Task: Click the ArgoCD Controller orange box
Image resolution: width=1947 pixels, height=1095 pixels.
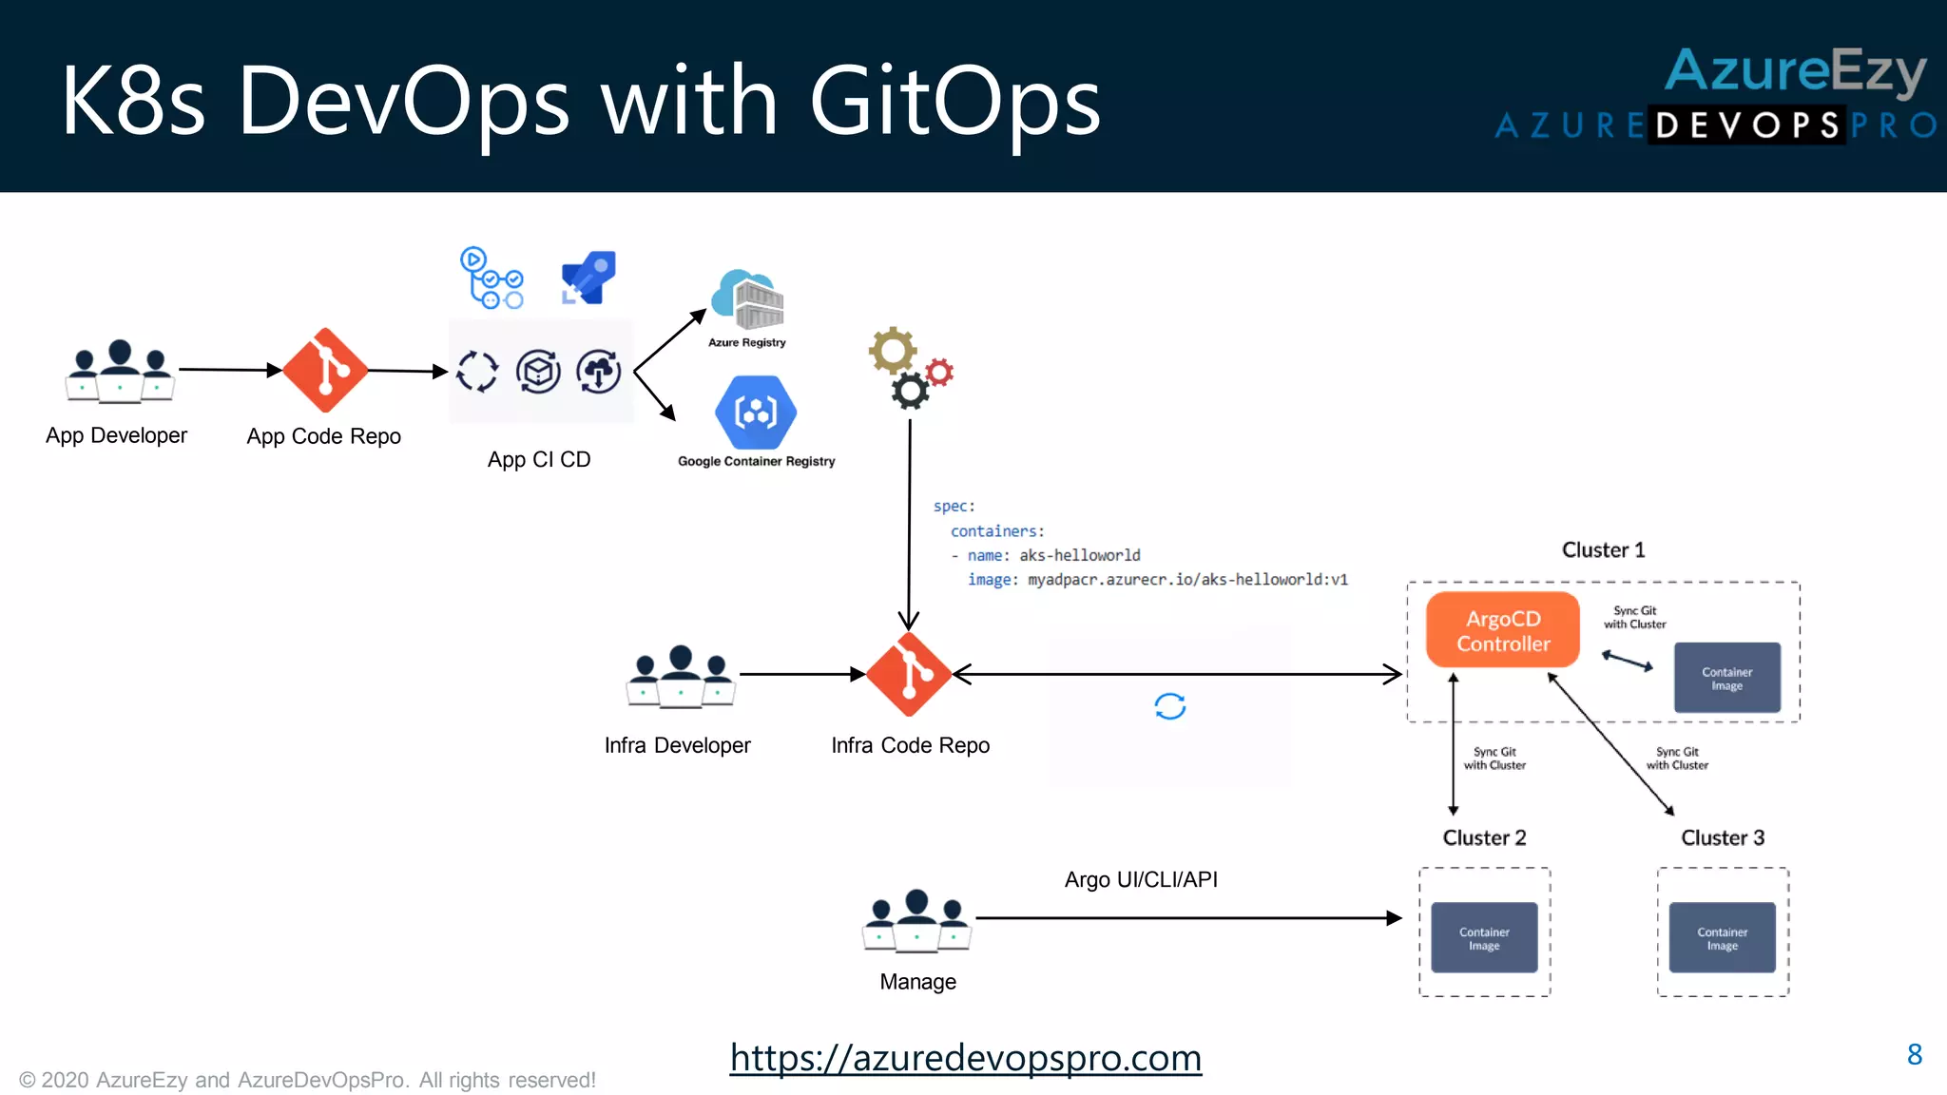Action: tap(1502, 630)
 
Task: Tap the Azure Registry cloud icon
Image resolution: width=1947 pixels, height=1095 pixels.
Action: tap(748, 300)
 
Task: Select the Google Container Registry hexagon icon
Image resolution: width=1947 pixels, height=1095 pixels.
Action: tap(756, 412)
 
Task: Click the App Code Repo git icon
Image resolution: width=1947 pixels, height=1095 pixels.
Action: tap(325, 371)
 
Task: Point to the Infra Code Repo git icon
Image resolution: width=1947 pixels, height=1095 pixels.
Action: tap(909, 674)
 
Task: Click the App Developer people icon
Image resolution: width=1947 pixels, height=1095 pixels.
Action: tap(120, 371)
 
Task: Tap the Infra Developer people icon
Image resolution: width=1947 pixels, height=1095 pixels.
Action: tap(681, 676)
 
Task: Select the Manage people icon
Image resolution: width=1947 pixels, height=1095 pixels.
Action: tap(916, 919)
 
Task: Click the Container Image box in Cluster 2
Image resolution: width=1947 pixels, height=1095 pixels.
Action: tap(1484, 937)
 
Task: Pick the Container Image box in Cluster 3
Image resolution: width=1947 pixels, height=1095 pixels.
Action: tap(1722, 937)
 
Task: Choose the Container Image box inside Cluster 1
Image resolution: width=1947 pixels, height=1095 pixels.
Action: tap(1726, 678)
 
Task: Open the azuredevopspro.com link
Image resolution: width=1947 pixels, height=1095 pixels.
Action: tap(966, 1057)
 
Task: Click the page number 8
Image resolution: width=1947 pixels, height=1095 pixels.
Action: tap(1915, 1054)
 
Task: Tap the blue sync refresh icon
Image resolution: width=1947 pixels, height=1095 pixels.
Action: tap(1169, 706)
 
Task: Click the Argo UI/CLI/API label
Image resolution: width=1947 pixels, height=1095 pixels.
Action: tap(1141, 879)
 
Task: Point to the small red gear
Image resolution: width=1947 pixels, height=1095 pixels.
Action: tap(939, 373)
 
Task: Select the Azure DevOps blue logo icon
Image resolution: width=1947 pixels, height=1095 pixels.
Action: tap(589, 277)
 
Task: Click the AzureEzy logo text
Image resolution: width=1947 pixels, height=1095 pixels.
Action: tap(1795, 71)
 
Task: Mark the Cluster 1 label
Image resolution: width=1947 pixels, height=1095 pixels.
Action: tap(1603, 549)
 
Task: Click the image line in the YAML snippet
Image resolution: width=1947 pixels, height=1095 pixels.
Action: tap(1157, 579)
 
